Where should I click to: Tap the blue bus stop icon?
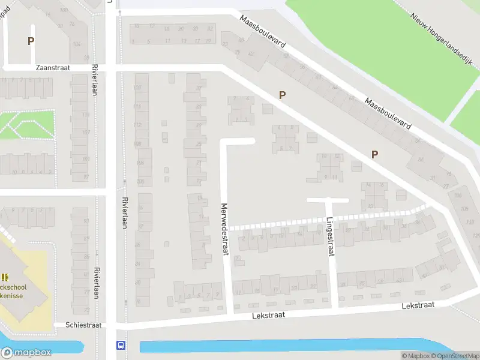[121, 345]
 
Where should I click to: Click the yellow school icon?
[5, 277]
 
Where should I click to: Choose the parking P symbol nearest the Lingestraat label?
[374, 154]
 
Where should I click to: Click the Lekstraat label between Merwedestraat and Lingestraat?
[268, 314]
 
